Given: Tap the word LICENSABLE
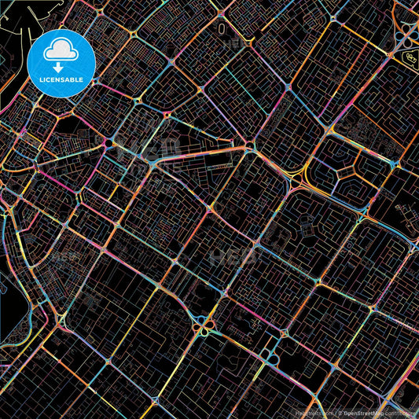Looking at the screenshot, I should coord(61,79).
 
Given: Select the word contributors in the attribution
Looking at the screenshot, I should coord(398,411).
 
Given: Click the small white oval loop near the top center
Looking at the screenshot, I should coord(222,28).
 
